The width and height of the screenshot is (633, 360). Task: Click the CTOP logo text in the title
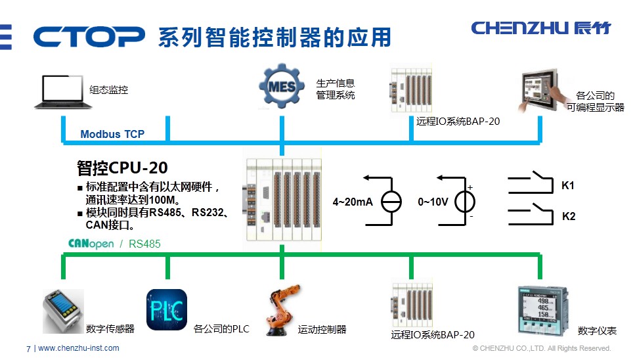click(x=88, y=36)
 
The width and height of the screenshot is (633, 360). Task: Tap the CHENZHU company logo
click(x=540, y=28)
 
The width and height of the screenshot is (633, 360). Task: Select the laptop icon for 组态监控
click(x=62, y=91)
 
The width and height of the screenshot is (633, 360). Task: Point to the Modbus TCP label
click(x=112, y=134)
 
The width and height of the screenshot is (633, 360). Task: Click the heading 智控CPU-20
click(x=122, y=168)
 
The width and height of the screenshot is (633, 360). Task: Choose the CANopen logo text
click(x=91, y=244)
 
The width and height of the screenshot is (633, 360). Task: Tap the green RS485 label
click(x=144, y=244)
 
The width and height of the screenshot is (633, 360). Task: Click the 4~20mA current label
click(x=353, y=202)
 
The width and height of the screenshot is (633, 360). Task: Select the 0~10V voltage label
click(x=433, y=202)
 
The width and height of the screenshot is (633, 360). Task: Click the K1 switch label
click(x=568, y=186)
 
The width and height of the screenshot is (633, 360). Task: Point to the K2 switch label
click(x=569, y=215)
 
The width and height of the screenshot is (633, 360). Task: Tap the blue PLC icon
click(x=167, y=309)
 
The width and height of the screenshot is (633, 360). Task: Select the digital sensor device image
click(x=64, y=309)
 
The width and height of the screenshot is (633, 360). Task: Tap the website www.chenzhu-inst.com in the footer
click(x=79, y=348)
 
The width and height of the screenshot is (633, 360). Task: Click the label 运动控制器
click(x=322, y=329)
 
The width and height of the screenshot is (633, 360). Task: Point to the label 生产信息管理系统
click(x=336, y=89)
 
